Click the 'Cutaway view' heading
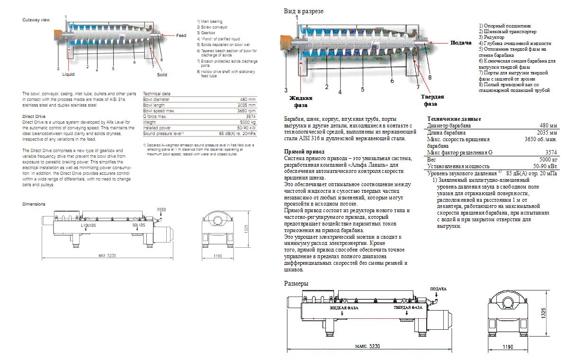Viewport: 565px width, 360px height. click(x=36, y=20)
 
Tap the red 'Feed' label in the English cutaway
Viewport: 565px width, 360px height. click(x=181, y=36)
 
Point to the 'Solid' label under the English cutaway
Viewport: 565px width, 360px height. click(x=162, y=74)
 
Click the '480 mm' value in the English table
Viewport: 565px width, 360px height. click(x=248, y=99)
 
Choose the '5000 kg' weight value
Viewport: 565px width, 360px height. click(x=248, y=122)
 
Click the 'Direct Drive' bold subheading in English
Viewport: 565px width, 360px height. click(x=35, y=116)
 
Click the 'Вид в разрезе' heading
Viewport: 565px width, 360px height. click(x=304, y=11)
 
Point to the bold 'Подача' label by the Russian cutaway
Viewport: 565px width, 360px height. click(x=460, y=43)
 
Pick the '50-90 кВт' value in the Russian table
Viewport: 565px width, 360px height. click(x=545, y=166)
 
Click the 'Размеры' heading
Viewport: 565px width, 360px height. click(x=296, y=283)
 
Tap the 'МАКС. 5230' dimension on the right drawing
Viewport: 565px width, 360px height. click(x=368, y=346)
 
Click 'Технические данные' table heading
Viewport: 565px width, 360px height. click(x=454, y=119)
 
